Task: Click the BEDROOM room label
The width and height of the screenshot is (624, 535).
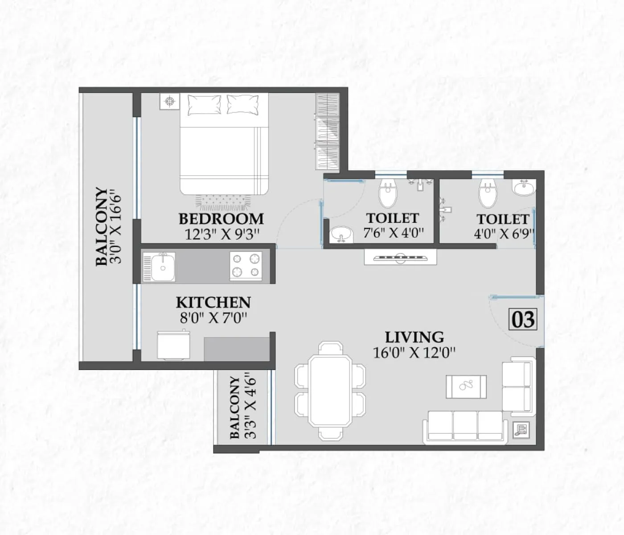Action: tap(221, 219)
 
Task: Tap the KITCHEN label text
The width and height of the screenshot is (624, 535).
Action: tap(213, 302)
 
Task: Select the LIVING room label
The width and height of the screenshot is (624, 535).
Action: tap(414, 337)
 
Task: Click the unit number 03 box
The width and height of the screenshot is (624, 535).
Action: tap(523, 320)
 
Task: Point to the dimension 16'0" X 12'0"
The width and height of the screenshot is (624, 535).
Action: tap(414, 353)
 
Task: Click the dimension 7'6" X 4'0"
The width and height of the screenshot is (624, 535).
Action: tap(393, 233)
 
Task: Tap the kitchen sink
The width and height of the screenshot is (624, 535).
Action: tap(159, 267)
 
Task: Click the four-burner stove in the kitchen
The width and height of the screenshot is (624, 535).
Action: tap(246, 266)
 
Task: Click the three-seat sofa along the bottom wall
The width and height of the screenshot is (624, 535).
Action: tap(466, 426)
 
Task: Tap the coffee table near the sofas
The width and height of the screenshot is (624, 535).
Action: tap(466, 386)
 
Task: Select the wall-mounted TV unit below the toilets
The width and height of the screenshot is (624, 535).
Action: tap(400, 257)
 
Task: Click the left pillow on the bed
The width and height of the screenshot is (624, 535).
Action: tap(204, 105)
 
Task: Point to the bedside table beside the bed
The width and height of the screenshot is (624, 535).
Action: tap(169, 101)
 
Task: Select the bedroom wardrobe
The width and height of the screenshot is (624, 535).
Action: tap(328, 131)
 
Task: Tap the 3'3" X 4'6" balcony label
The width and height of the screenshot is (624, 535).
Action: tap(243, 407)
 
